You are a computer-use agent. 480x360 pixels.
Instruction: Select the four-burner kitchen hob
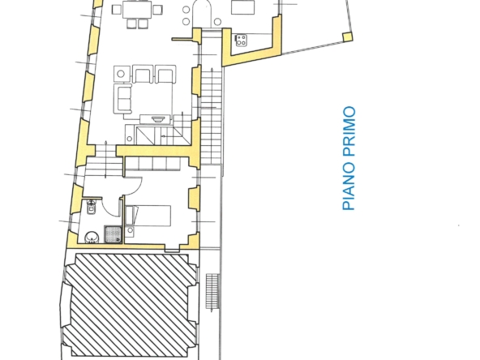coord(241,38)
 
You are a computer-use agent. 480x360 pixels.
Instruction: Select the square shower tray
coord(113,234)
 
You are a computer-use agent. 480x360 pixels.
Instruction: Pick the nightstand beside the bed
coord(131,231)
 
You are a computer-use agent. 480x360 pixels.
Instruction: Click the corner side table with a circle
coord(122,73)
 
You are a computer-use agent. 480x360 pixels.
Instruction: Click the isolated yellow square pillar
coord(348,37)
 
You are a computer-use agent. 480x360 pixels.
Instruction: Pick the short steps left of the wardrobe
coord(103,165)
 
